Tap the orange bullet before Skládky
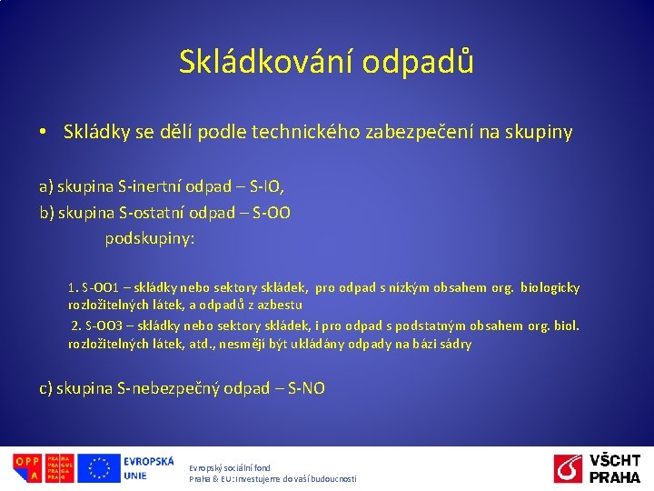[44, 133]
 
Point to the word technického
[309, 133]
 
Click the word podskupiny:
[150, 239]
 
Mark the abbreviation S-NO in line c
[305, 389]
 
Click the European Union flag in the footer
[98, 468]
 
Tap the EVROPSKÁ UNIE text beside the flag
[148, 468]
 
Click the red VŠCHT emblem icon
[569, 469]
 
